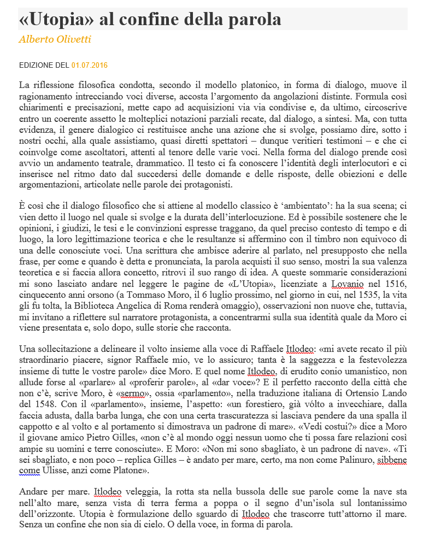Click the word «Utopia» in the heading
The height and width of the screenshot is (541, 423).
(53, 20)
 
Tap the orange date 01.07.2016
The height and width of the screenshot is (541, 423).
(90, 65)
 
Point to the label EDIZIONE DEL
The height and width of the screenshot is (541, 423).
(44, 65)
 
